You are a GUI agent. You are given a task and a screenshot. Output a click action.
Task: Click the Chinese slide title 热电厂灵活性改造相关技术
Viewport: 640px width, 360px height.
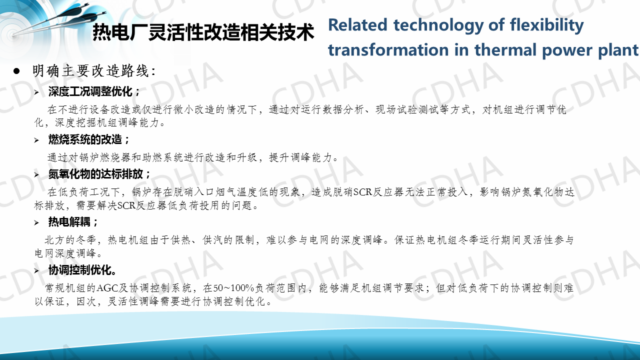203,32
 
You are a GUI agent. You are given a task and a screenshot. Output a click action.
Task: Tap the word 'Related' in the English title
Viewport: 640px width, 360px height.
357,25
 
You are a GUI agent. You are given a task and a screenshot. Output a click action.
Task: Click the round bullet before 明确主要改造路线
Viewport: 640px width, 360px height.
16,71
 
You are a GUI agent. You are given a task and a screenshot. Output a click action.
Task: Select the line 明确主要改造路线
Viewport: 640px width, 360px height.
94,71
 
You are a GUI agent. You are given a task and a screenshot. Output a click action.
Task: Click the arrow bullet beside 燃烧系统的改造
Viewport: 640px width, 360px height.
36,140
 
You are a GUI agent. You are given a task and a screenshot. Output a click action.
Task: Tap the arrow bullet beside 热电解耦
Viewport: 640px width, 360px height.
36,222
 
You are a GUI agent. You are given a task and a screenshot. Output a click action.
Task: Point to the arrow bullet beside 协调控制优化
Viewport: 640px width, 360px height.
36,270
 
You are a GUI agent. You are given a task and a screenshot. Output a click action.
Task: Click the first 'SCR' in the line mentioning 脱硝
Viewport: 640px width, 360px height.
363,192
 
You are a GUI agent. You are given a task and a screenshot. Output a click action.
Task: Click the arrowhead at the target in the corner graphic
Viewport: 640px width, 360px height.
13,35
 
